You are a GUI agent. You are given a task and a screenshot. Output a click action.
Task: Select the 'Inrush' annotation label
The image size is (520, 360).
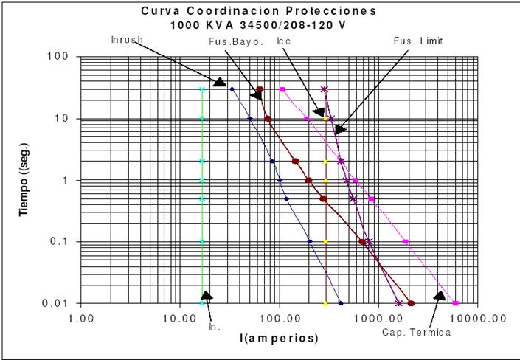tap(127, 39)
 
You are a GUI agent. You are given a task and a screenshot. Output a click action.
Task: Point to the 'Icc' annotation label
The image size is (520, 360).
tap(283, 41)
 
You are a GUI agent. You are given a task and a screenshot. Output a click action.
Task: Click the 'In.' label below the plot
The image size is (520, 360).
tap(215, 325)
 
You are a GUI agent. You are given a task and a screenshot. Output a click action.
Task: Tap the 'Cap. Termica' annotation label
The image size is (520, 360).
tap(416, 332)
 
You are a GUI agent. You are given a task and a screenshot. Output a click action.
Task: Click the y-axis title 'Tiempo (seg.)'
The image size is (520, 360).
tap(24, 179)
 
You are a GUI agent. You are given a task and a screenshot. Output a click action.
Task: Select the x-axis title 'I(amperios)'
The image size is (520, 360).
tap(278, 339)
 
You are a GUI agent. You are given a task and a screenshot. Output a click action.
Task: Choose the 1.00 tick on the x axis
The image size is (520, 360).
tap(80, 318)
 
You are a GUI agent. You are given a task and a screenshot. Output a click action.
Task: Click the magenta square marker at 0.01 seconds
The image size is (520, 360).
tap(455, 303)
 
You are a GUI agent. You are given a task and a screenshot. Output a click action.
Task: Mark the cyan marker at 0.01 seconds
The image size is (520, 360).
tap(202, 303)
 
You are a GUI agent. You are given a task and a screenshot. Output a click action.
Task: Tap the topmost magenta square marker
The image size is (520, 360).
tap(282, 89)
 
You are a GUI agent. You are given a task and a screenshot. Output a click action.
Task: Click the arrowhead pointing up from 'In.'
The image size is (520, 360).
tap(207, 296)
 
